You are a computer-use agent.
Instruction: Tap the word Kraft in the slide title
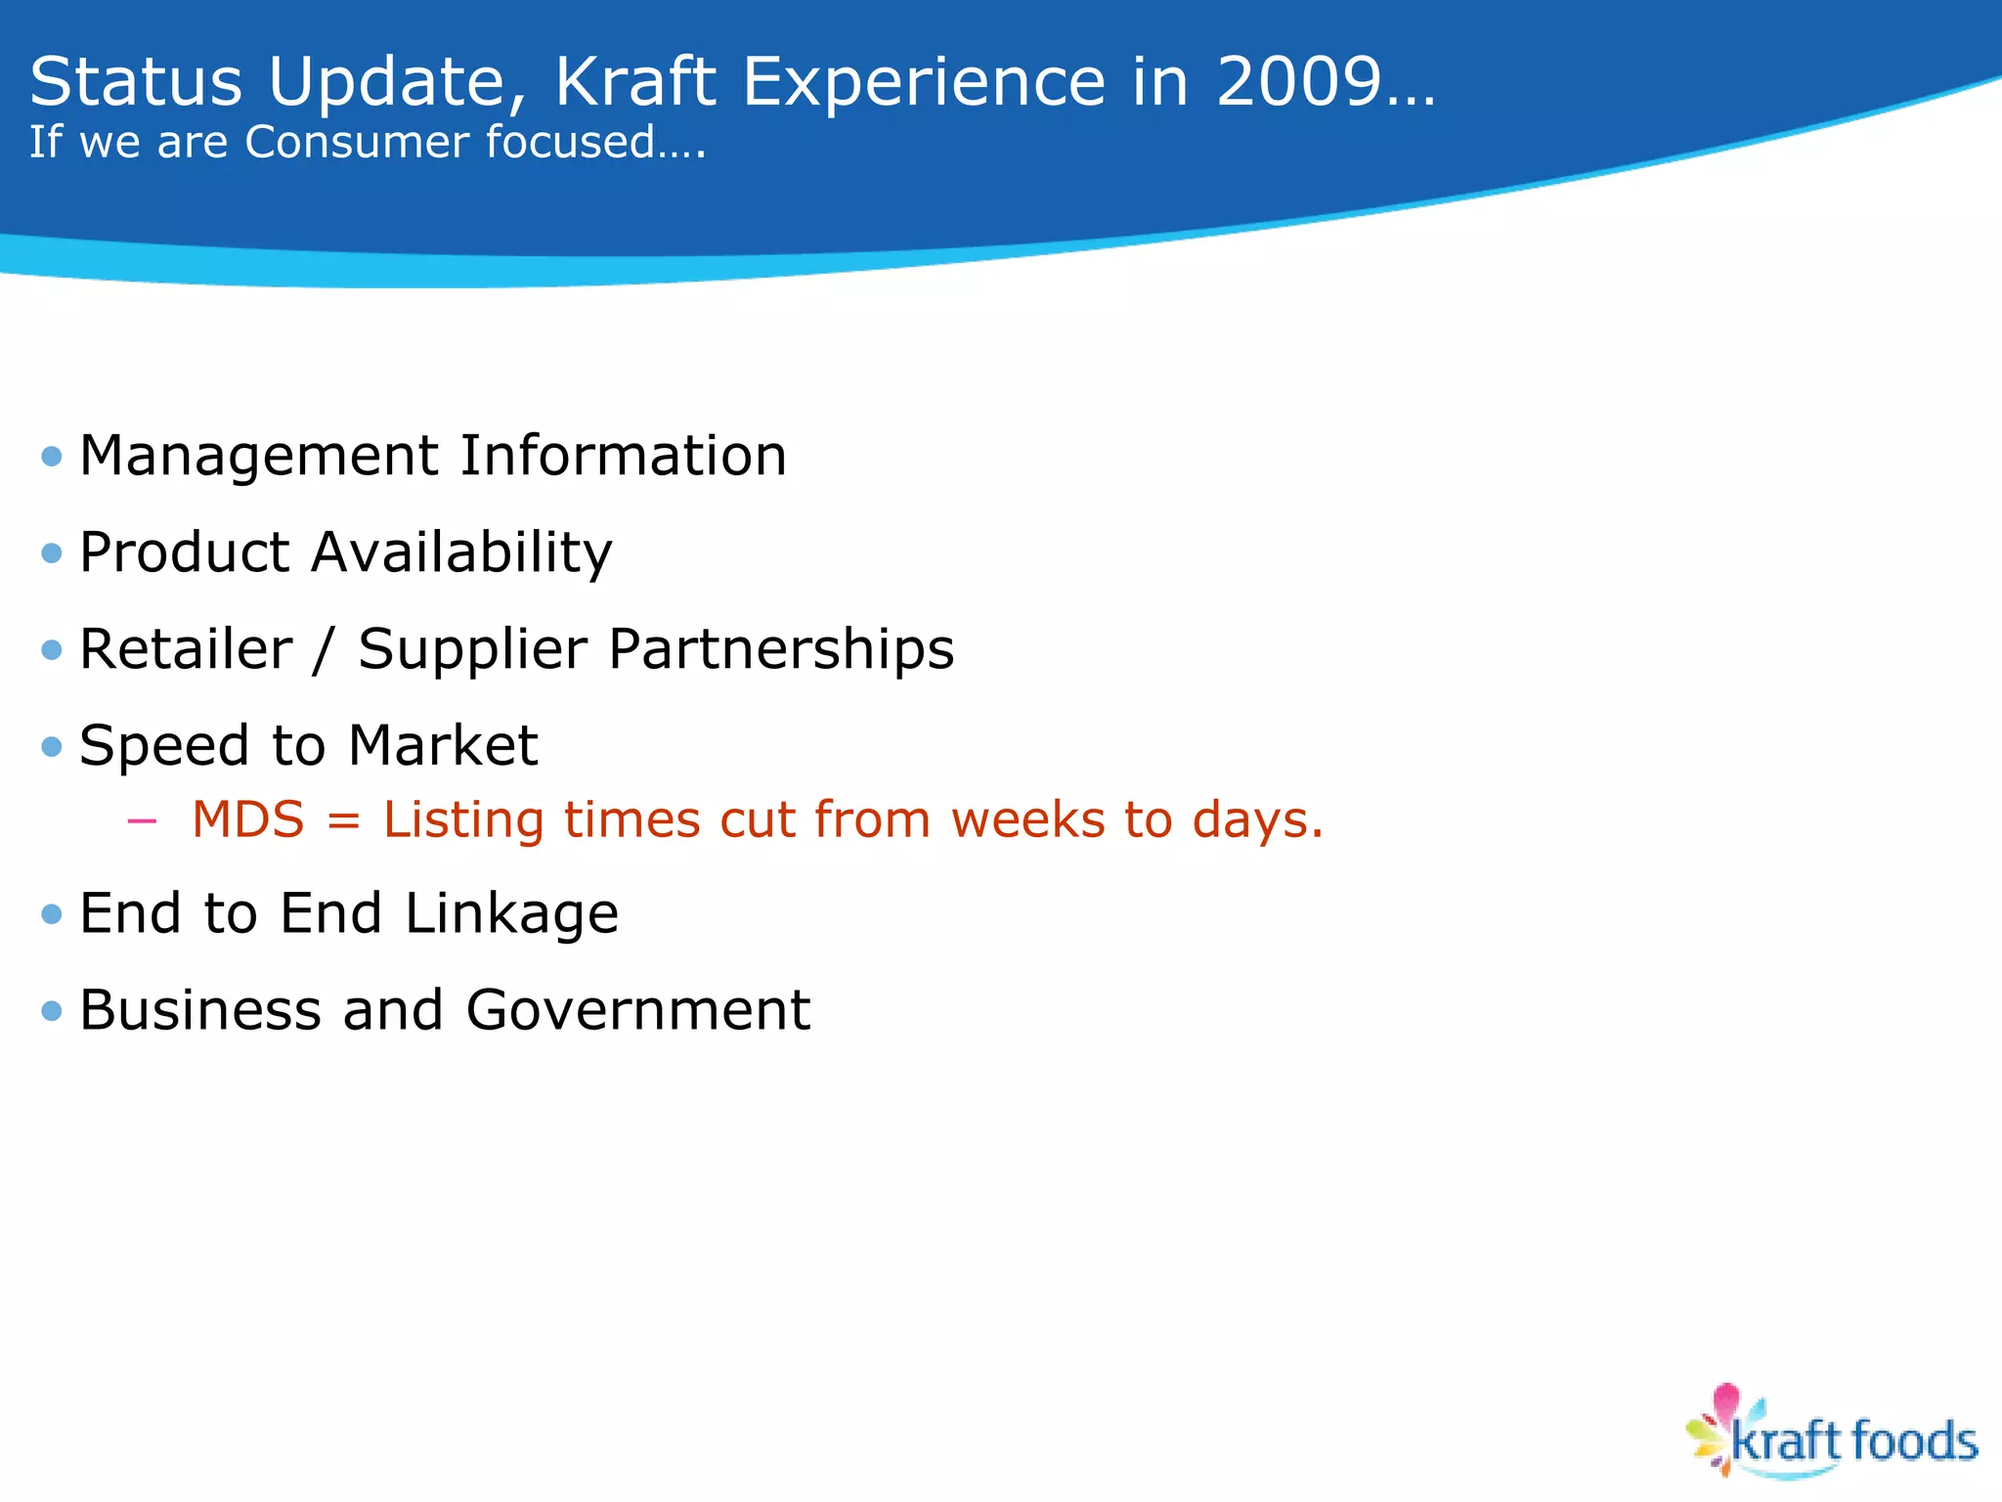point(635,82)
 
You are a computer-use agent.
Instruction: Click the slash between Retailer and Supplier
point(324,650)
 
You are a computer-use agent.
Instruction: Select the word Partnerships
point(780,650)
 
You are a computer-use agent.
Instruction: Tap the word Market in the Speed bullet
point(442,746)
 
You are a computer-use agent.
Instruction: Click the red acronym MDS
point(248,819)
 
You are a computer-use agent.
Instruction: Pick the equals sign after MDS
point(344,821)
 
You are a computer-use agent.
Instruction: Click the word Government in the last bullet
point(637,1010)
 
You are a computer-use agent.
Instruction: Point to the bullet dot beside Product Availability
point(52,554)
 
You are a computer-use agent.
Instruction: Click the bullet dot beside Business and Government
point(52,1011)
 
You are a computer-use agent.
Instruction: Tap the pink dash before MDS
point(143,821)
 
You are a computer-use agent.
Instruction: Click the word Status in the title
point(136,82)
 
